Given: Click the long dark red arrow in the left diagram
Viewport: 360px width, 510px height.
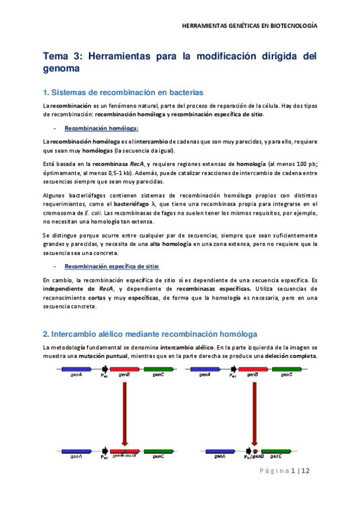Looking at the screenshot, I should [x=124, y=415].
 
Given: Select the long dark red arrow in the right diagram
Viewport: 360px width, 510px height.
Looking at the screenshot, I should [x=255, y=415].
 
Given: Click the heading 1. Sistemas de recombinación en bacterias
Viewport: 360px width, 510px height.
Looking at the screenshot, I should [x=123, y=92].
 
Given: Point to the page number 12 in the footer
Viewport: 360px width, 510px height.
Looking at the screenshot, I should [x=305, y=471].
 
